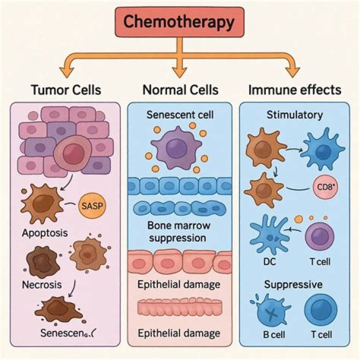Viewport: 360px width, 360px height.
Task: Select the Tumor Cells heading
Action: click(66, 90)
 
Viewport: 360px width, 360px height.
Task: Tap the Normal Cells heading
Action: click(180, 90)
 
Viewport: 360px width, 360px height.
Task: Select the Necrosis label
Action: click(42, 285)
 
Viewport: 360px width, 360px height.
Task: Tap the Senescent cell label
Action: click(180, 115)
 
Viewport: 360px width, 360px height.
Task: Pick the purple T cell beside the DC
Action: click(319, 237)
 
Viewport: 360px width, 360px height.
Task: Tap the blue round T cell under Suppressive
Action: click(320, 310)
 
